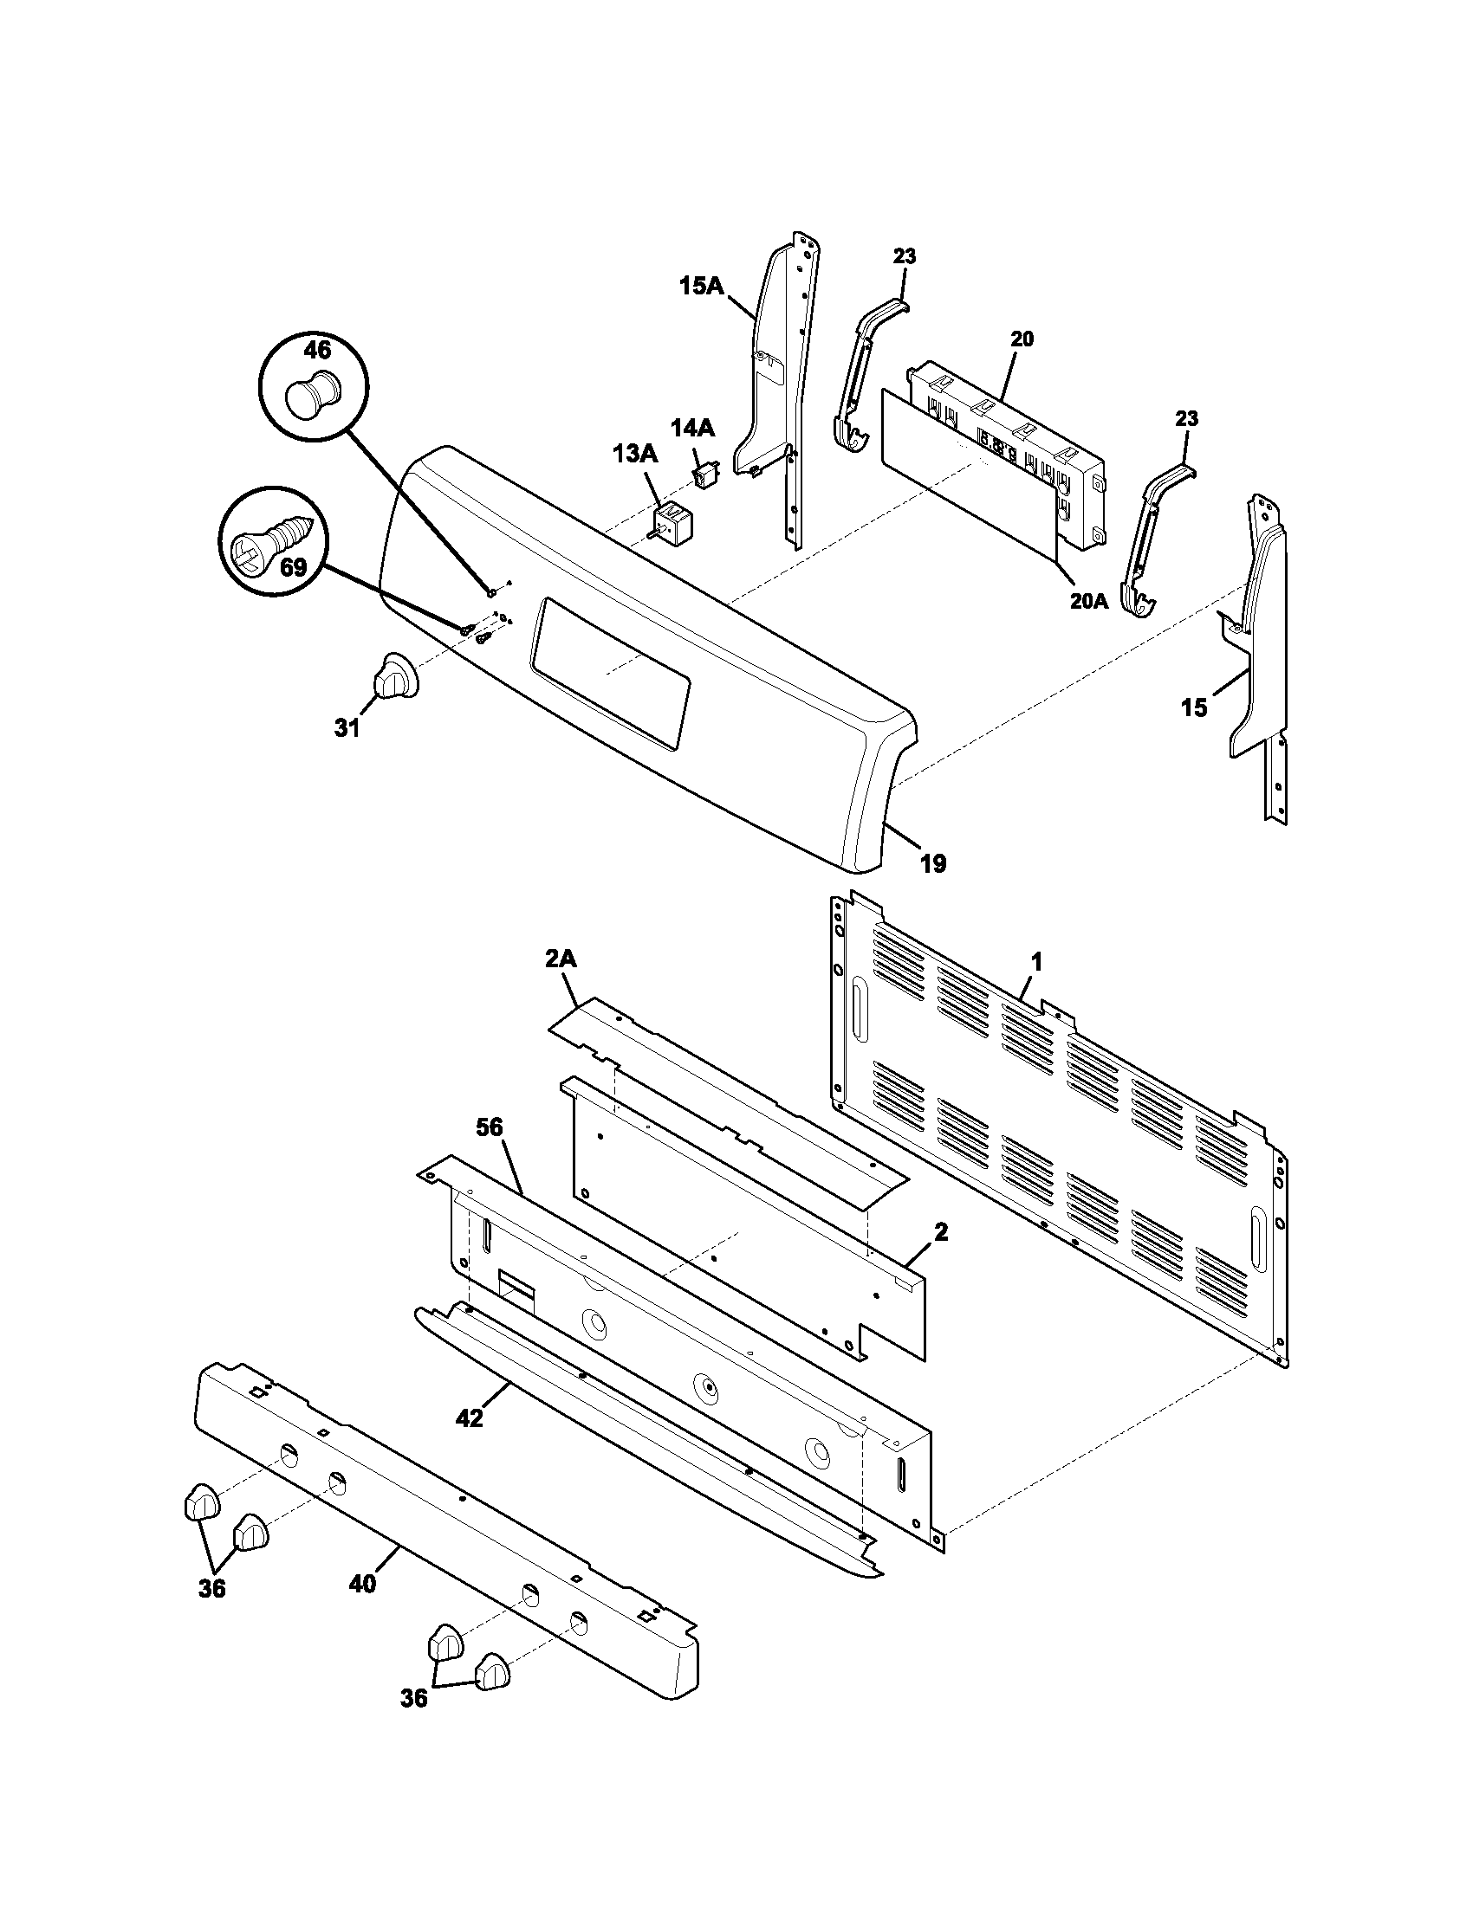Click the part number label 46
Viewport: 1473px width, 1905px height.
point(317,351)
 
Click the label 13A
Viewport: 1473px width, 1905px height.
point(635,455)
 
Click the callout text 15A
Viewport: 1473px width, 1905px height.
point(702,286)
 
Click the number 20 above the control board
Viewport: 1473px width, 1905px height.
point(1022,339)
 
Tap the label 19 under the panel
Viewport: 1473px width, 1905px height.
point(933,863)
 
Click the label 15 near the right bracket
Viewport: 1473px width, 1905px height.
point(1194,708)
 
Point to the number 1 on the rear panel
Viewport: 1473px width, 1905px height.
point(1036,962)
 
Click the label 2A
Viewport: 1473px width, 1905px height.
point(561,959)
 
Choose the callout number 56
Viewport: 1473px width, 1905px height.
point(490,1127)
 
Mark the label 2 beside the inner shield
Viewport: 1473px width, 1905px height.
point(941,1232)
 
